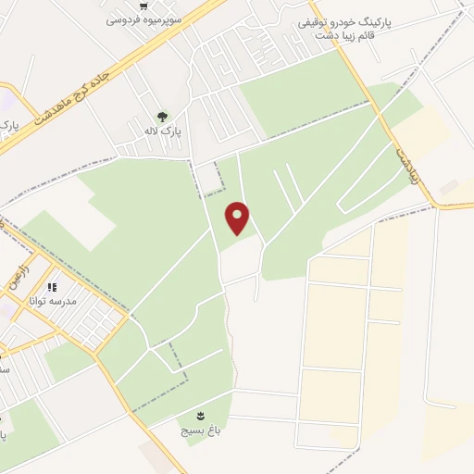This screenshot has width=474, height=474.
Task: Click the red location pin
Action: pyautogui.click(x=238, y=217)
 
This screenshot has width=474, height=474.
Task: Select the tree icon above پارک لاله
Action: pyautogui.click(x=163, y=117)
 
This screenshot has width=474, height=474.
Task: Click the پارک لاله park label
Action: pyautogui.click(x=163, y=132)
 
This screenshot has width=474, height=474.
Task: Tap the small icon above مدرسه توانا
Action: pyautogui.click(x=53, y=288)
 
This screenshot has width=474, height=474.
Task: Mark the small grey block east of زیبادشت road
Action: pyautogui.click(x=448, y=187)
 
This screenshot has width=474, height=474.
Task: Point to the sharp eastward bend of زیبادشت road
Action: pyautogui.click(x=435, y=203)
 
